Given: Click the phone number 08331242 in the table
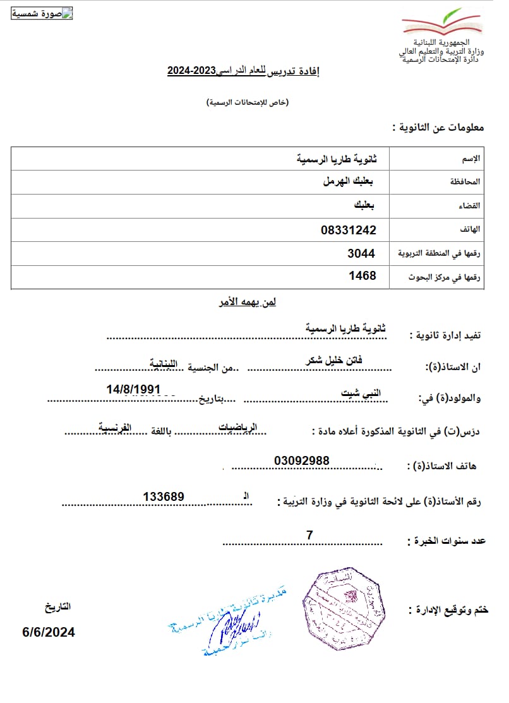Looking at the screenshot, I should [x=348, y=230].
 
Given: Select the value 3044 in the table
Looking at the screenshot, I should [x=361, y=253].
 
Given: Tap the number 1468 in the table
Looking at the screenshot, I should [x=362, y=276].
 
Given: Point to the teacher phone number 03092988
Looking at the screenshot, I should [x=302, y=461].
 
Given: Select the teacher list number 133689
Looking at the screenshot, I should [x=164, y=497].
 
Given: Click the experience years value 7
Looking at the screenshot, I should [x=309, y=536].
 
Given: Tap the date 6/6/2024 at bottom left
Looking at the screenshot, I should [x=49, y=632].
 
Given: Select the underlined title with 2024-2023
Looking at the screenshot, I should [x=243, y=71].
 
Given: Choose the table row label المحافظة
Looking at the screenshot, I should [x=465, y=182].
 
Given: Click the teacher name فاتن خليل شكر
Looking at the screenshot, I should [x=334, y=359].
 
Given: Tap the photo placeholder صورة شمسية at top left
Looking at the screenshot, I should [x=42, y=14].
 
